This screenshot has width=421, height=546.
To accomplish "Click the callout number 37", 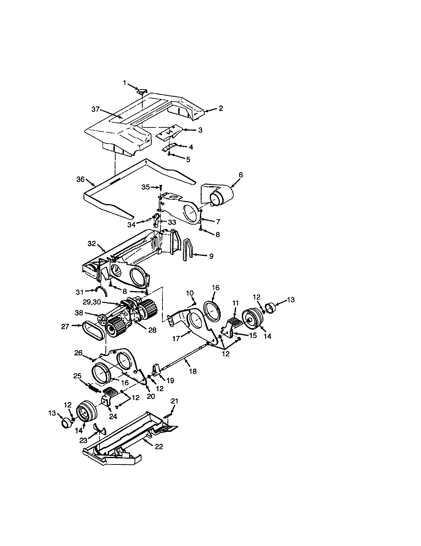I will click(96, 109).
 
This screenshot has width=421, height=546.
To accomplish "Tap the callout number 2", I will click(221, 108).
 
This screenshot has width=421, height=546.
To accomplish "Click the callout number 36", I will click(80, 179).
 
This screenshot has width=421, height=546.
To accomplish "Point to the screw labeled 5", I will click(169, 154).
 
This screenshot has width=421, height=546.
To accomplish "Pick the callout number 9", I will click(211, 256).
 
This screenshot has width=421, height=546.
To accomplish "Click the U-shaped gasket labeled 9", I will click(188, 250).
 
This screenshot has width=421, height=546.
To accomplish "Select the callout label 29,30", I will click(92, 302).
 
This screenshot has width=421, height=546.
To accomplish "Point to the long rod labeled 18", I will click(185, 360).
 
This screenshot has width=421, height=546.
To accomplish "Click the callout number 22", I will click(159, 446).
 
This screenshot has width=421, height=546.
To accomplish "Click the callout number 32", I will click(92, 243).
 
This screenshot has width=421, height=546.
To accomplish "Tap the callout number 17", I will click(176, 339).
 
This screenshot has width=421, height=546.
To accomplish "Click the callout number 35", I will click(146, 187).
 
